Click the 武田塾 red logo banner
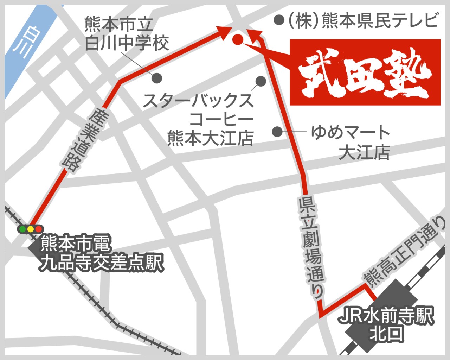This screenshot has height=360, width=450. click(x=365, y=72)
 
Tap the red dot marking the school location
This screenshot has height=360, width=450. click(x=237, y=39)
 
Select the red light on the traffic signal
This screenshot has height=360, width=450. click(x=38, y=229)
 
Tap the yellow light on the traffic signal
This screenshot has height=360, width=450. click(x=31, y=229)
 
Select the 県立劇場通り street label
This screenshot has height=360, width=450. click(x=311, y=246)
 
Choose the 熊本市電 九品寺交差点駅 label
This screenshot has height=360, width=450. click(x=101, y=253)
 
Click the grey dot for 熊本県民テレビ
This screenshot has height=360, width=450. click(x=279, y=20)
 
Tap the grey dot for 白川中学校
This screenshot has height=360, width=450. click(x=157, y=78)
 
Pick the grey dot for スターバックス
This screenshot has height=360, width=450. click(x=261, y=81)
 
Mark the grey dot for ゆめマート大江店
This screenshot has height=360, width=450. click(x=277, y=132)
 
